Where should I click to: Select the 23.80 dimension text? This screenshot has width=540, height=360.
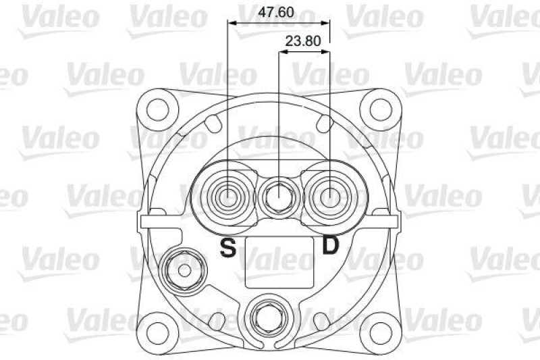tap(302, 41)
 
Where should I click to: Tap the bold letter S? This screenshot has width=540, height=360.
tap(229, 249)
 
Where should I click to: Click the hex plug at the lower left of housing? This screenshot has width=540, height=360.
tap(184, 269)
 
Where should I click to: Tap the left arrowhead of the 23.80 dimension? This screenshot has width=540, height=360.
tap(283, 52)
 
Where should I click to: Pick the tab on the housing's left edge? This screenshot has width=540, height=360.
tap(145, 221)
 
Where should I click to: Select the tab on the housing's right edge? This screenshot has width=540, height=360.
tap(394, 221)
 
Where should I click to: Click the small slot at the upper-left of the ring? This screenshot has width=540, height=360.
tap(215, 123)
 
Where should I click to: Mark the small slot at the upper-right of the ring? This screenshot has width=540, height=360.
tap(325, 123)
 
